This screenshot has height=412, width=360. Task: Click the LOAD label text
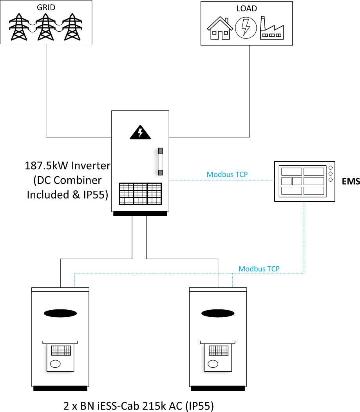click(x=246, y=9)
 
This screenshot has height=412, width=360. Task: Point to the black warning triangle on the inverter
click(x=140, y=133)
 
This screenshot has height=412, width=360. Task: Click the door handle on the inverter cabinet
click(x=160, y=162)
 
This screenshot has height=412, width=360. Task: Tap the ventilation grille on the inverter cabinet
click(x=140, y=193)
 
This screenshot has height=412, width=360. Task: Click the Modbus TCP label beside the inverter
click(x=227, y=174)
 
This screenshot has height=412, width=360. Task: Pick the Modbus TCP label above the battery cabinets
click(x=259, y=269)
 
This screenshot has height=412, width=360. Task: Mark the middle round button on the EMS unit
click(x=331, y=173)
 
